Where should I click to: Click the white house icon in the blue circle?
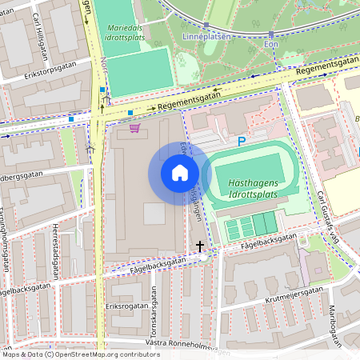coord(180,173)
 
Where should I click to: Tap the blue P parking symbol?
coord(241,142)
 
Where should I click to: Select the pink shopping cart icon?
coord(134,128)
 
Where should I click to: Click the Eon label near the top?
coord(271,44)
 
